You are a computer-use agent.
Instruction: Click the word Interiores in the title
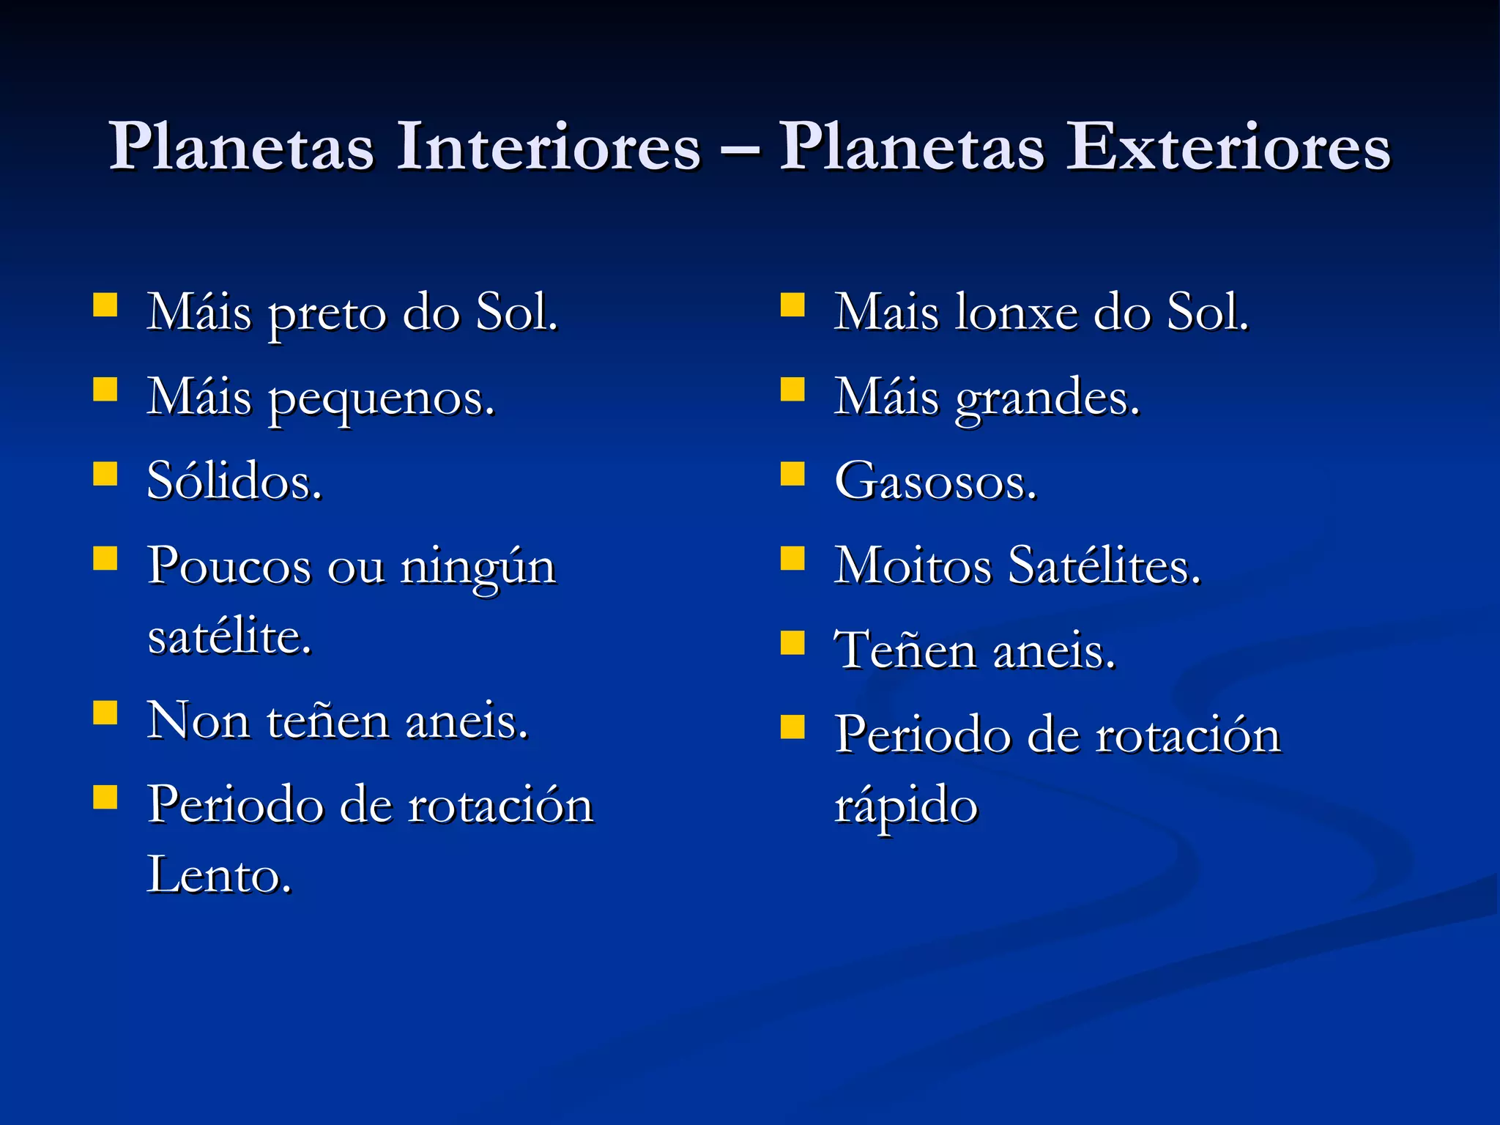point(549,146)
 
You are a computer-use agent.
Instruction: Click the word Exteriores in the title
point(1228,146)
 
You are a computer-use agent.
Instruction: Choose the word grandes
point(1047,399)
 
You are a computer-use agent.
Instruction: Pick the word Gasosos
point(935,481)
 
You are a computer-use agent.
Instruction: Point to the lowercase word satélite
point(229,636)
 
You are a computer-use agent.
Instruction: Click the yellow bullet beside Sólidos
point(105,474)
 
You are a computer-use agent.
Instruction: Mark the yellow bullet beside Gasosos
point(792,474)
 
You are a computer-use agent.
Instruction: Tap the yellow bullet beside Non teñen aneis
point(105,712)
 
